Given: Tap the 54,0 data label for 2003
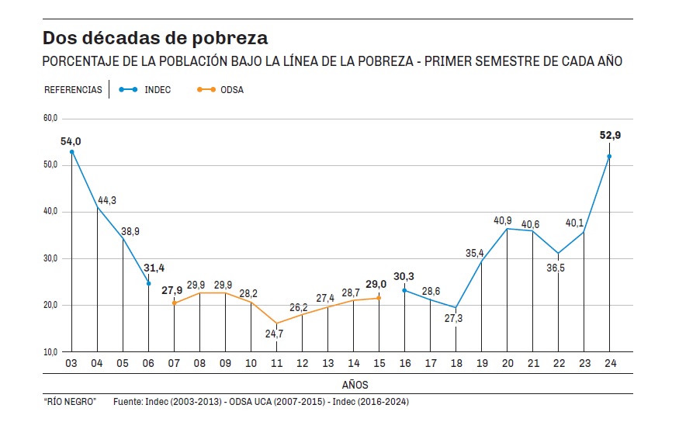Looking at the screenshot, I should [71, 140].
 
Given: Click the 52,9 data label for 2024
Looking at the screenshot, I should [610, 135].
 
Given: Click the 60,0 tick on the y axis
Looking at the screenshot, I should [50, 118].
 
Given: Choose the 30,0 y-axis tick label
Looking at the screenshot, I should [50, 258].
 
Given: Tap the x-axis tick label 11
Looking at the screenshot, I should [276, 364].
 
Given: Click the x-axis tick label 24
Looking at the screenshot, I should [609, 364].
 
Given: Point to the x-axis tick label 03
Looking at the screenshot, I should [71, 364].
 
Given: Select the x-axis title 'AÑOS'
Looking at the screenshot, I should [355, 385].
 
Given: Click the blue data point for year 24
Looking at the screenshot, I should [609, 157].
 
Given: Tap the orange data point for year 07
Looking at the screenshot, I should [174, 303].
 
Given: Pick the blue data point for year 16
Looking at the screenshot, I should [404, 290].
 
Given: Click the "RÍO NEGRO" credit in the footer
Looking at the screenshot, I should [69, 402].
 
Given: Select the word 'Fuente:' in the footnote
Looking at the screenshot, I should [128, 402].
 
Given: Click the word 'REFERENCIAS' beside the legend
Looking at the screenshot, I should [73, 90].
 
